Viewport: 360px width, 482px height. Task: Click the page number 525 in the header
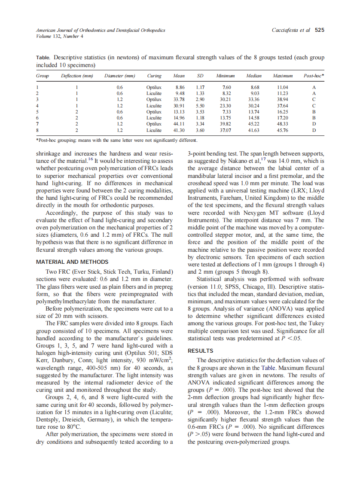point(320,30)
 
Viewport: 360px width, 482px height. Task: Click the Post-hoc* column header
point(314,76)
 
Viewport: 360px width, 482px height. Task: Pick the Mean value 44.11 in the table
point(179,124)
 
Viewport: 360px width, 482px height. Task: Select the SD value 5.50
point(200,105)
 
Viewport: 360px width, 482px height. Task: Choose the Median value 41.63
point(254,130)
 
